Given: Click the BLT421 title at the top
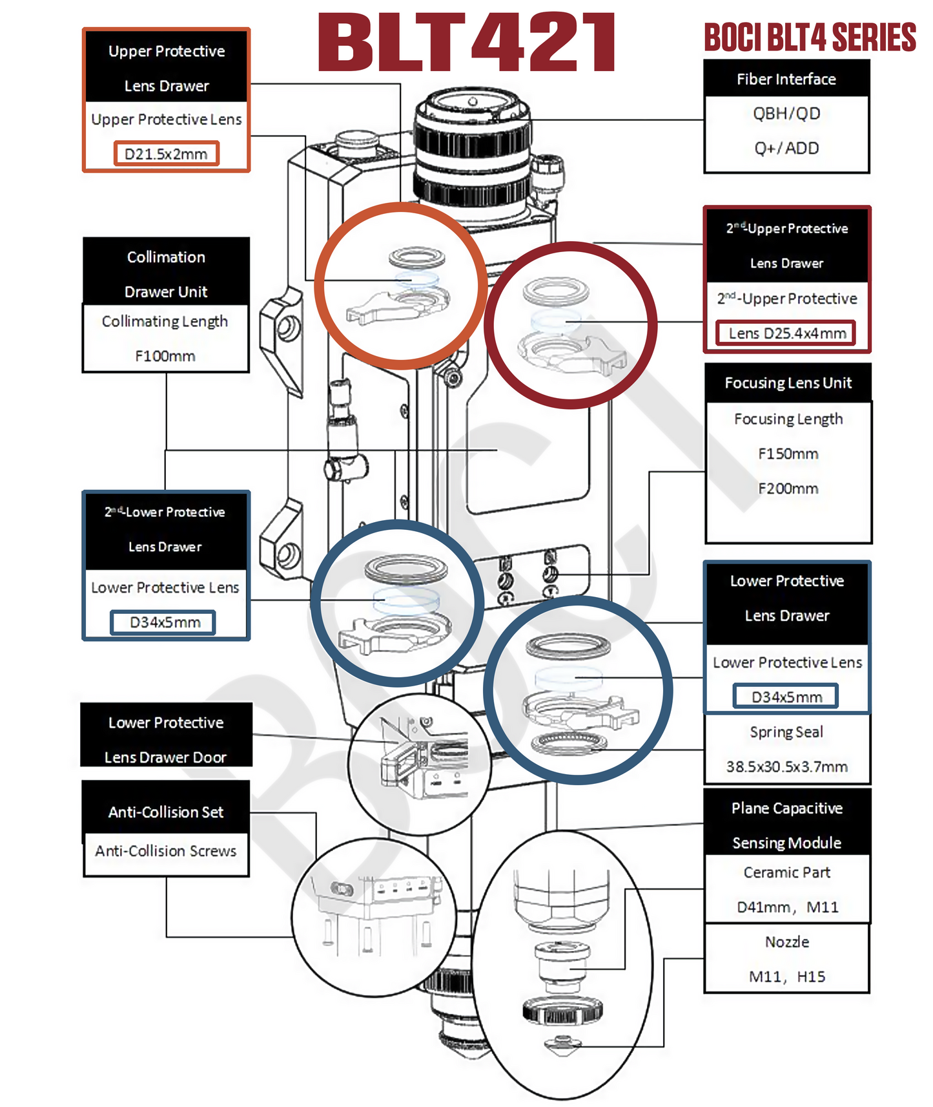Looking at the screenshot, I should click(466, 43).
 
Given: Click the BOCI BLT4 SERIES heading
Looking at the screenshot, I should click(810, 37).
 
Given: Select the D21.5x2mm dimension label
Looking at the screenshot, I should click(166, 154).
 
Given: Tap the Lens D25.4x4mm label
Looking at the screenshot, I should click(786, 333).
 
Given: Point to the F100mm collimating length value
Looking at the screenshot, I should click(165, 356).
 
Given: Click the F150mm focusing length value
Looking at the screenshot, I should click(788, 454).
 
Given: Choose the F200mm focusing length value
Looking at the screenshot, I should click(788, 489).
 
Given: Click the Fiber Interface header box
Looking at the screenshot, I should click(786, 79).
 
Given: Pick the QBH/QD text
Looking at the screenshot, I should click(786, 114).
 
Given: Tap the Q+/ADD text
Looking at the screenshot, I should click(786, 149).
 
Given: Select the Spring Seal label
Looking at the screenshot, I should click(786, 732).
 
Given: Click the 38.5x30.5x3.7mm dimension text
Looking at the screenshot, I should click(786, 767).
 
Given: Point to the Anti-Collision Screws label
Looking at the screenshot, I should click(166, 851).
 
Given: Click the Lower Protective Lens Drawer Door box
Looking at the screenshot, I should click(166, 739).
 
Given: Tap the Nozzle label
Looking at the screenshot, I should click(786, 942).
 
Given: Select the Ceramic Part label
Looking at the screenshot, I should click(786, 872).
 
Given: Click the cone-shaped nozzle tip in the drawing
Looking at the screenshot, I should click(563, 1044).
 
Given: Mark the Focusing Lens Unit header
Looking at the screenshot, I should click(788, 383).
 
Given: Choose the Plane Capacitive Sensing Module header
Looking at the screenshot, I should click(786, 825).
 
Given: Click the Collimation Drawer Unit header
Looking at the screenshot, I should click(166, 274).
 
